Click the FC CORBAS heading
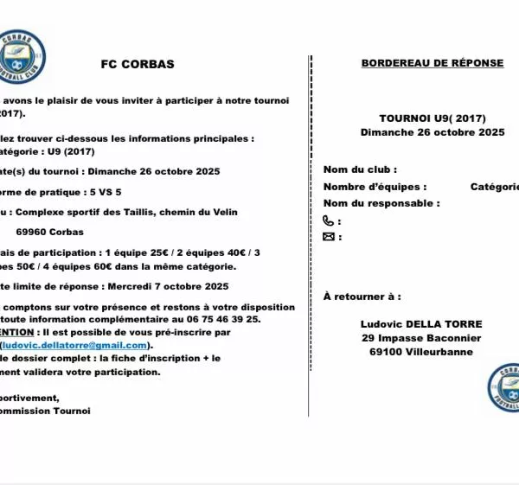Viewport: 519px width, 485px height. coord(138,64)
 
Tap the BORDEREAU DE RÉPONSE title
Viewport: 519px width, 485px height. coord(432,63)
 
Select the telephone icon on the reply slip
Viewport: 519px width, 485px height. coord(329,220)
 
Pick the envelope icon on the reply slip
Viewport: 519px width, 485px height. coord(329,236)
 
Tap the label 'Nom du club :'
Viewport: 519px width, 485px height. coord(360,169)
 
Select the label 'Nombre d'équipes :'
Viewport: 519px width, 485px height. coord(375,187)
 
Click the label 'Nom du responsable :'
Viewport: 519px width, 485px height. coord(381,203)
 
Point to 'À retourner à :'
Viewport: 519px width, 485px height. coord(362,297)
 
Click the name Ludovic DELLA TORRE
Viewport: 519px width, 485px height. coord(421,323)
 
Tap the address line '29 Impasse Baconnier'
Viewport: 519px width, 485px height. coord(421,338)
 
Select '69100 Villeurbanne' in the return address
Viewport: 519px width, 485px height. coord(421,352)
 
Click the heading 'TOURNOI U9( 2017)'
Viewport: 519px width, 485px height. coord(432,118)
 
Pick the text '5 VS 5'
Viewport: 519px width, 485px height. coord(105,192)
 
